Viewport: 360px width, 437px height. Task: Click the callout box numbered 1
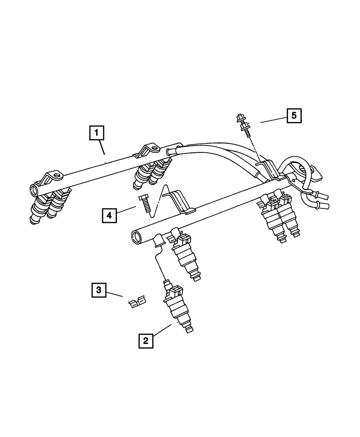click(96, 133)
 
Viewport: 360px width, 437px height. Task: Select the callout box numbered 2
click(146, 341)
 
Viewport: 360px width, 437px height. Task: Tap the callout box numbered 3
click(99, 290)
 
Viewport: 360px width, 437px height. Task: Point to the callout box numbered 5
click(294, 116)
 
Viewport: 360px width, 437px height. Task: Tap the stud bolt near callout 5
click(243, 126)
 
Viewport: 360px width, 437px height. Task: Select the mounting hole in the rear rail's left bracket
click(57, 176)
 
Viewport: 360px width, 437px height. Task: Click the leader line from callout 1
click(103, 148)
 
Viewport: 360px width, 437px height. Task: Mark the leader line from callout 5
click(274, 120)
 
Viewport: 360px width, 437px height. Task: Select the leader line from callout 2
click(162, 330)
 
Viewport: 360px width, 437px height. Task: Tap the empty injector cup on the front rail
click(158, 240)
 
